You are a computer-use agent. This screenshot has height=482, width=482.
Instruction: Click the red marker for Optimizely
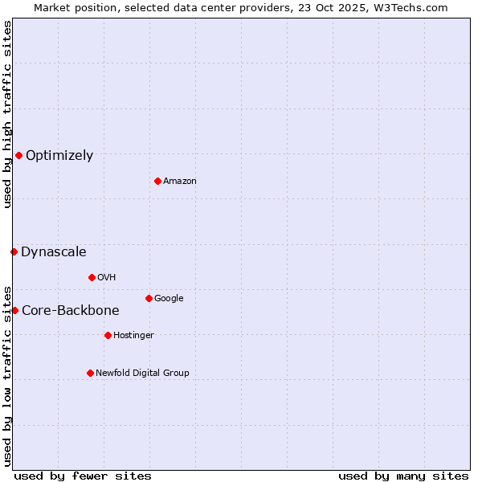coord(18,155)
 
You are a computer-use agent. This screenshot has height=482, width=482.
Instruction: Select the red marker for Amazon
coord(157,181)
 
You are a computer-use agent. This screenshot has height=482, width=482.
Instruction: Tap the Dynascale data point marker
coord(14,251)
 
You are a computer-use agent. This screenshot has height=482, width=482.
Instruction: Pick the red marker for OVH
coord(92,277)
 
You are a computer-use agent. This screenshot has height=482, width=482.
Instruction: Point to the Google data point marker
coord(149,298)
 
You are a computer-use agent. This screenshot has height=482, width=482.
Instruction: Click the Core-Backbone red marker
coord(14,310)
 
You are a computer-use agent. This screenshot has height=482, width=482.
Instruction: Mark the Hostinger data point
coord(108,335)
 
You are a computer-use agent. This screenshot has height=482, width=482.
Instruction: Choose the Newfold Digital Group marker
coord(90,373)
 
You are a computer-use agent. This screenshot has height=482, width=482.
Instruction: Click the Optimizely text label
coord(59,156)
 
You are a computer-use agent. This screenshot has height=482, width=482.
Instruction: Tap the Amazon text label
coord(179,182)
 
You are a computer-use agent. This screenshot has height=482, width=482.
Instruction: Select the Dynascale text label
coord(54,252)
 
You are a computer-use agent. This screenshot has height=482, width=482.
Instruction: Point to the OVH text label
coord(106,278)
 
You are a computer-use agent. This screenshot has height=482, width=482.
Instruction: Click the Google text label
coord(169,299)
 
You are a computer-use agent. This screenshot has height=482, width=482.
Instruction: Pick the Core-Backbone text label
coord(71,311)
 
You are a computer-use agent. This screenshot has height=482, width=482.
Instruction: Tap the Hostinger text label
coord(133,336)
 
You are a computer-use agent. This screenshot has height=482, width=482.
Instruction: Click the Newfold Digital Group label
coord(142,374)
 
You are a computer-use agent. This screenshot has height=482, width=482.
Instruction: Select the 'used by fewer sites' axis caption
coord(83,476)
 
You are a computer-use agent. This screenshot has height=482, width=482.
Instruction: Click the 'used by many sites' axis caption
coord(403,476)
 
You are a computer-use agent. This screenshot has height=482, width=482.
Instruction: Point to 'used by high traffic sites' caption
coord(7,114)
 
